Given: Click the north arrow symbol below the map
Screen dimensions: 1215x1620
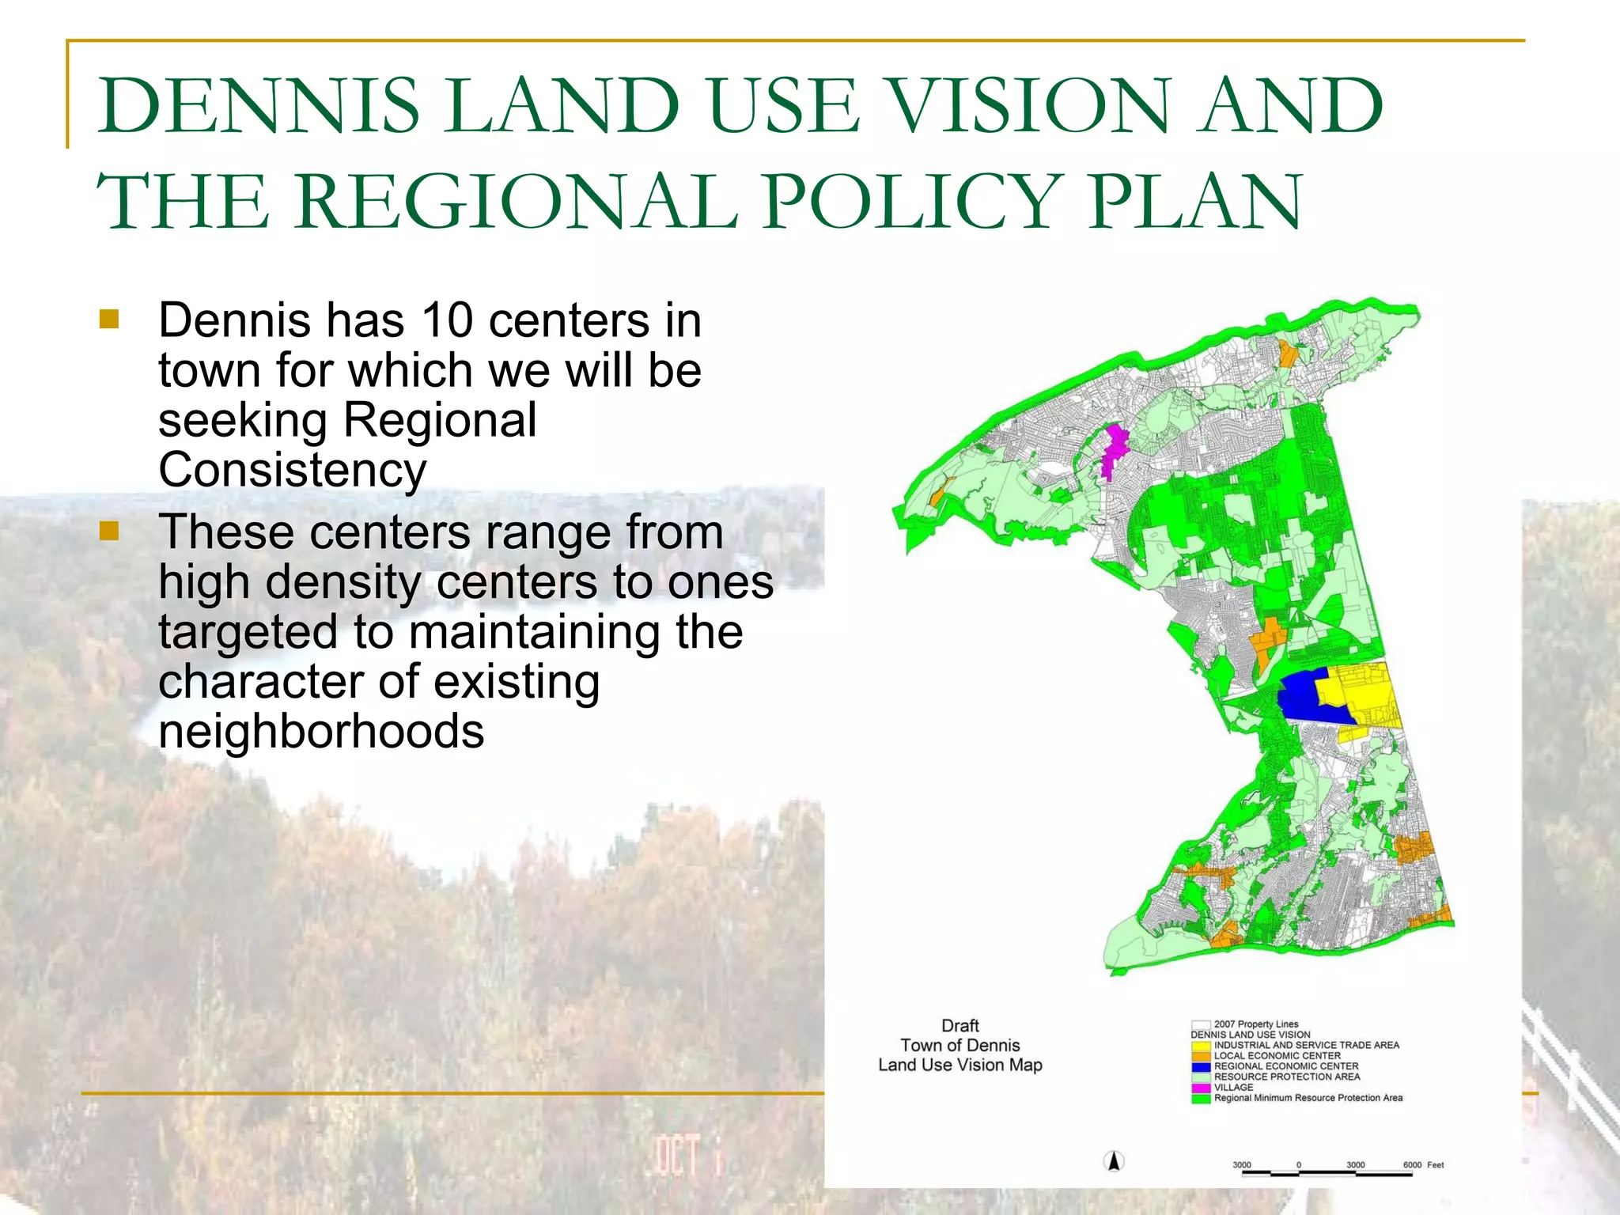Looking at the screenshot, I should pos(1114,1161).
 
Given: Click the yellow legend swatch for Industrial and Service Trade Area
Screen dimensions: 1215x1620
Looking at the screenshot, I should pos(1202,1046).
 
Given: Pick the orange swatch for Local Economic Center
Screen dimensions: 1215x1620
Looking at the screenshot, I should pos(1202,1056).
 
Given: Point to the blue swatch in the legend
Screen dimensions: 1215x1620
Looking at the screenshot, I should pos(1202,1066).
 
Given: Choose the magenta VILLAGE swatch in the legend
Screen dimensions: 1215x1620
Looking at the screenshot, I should pos(1202,1088).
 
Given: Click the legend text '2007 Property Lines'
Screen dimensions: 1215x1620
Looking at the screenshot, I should pos(1256,1024).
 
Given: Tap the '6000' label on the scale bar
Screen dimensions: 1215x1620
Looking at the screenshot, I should pos(1412,1165).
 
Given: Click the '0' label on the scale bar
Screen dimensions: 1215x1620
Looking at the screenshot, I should pos(1299,1165).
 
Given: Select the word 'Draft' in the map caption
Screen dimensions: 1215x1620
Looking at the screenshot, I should pos(960,1026).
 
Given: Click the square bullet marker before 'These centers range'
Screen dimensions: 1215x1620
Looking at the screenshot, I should pos(109,530).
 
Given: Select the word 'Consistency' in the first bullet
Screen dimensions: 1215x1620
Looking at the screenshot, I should pos(292,470).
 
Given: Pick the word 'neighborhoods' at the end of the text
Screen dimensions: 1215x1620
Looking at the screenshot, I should pos(321,731).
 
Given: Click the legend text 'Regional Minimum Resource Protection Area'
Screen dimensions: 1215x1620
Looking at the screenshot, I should pos(1308,1098).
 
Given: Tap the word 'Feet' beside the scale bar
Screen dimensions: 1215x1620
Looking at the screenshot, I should pos(1435,1165).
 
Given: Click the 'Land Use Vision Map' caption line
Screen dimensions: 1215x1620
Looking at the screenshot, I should pos(960,1065).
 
